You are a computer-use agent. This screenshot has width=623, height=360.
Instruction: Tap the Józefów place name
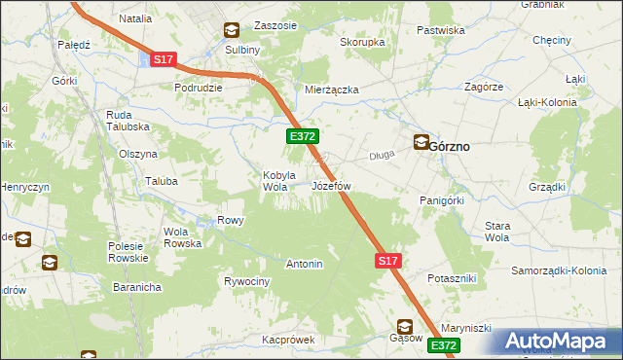331,185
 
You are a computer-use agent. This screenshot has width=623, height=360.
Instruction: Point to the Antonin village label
304,264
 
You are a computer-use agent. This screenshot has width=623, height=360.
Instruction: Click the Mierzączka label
332,90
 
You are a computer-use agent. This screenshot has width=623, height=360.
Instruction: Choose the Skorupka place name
362,43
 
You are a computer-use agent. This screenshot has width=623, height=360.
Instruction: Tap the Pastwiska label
440,30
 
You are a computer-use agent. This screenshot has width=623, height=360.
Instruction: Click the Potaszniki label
451,278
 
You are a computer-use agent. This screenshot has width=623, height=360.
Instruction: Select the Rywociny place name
246,281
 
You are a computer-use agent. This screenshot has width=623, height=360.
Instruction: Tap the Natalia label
135,18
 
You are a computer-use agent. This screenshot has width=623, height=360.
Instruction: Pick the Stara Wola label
497,231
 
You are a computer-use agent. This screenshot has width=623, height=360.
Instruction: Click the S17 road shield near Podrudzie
164,60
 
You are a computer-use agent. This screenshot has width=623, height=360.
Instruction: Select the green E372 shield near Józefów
301,138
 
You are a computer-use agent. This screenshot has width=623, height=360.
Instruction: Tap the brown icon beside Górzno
421,142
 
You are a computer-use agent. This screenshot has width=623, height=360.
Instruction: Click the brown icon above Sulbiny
232,30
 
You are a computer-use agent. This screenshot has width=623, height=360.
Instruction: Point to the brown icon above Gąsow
404,326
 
